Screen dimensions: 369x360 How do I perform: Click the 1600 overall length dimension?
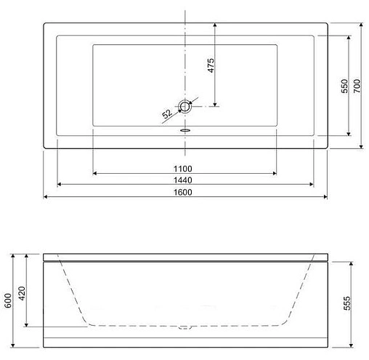click(x=183, y=192)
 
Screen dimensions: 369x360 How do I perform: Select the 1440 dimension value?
click(x=183, y=180)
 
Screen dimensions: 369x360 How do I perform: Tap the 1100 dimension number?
click(x=183, y=169)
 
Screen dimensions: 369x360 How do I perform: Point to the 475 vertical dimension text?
click(x=211, y=65)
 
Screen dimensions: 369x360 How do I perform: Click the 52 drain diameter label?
click(x=167, y=113)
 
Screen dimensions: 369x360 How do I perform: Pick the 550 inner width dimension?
click(x=344, y=86)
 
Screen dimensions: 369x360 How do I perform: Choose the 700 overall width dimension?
click(x=357, y=86)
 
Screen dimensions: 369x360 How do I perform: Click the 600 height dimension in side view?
click(x=8, y=300)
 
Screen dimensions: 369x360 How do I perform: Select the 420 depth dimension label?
click(x=22, y=293)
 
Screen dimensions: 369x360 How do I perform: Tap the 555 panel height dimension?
click(x=347, y=303)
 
